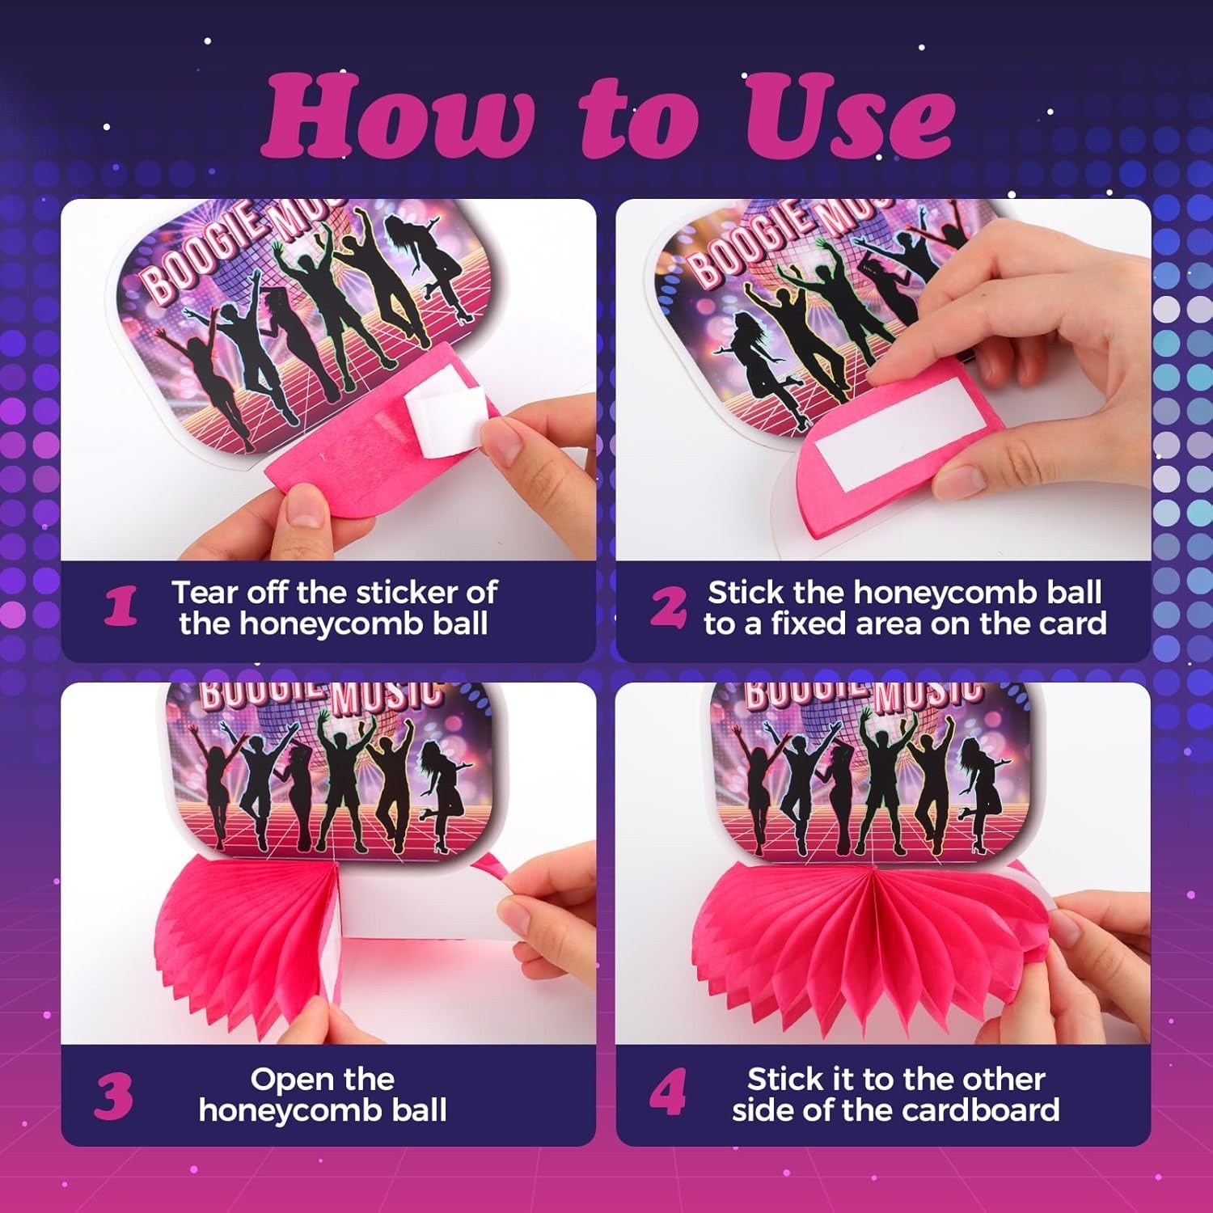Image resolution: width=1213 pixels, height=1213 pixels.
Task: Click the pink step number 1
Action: coord(120,607)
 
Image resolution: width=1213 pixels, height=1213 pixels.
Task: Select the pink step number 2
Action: coord(669,607)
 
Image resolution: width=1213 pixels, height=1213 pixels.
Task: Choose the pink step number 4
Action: coord(668,1093)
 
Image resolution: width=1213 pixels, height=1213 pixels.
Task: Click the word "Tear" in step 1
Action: coord(205,593)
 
